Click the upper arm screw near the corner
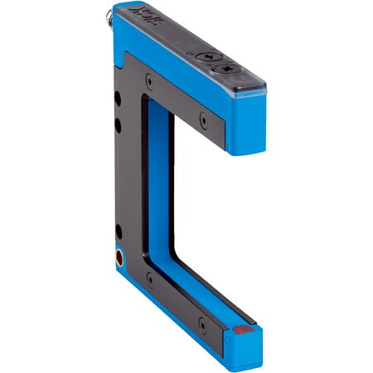click(x=149, y=80)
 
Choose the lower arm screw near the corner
click(x=150, y=279)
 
